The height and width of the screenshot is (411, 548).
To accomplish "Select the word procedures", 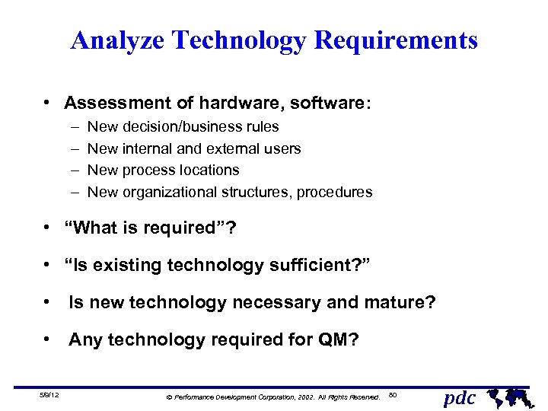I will (x=335, y=192).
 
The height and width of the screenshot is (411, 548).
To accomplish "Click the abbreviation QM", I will (x=332, y=339).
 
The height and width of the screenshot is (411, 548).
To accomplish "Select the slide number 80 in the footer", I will (x=393, y=394).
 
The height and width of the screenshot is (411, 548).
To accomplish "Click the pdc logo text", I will (x=460, y=397).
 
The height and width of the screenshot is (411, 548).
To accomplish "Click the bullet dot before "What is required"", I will (x=47, y=228).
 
